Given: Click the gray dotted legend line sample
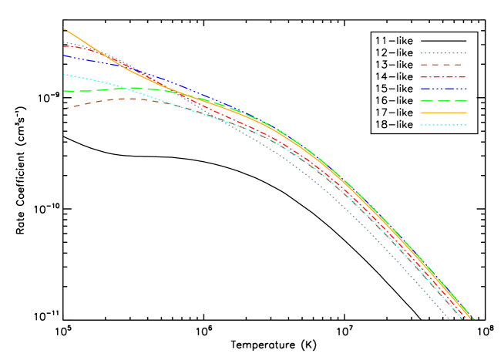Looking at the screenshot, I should coord(443,53).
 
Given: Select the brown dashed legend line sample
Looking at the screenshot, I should coord(443,65).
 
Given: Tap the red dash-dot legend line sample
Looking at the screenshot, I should coord(443,77).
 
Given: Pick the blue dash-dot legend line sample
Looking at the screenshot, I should coord(443,89).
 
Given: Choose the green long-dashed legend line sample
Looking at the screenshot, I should coord(443,101).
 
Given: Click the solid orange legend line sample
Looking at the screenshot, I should coord(443,113).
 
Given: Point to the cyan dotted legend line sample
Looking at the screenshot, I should coord(443,125).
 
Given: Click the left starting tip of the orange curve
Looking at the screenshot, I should coord(64,29).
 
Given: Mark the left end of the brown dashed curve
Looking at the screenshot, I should coord(64,109).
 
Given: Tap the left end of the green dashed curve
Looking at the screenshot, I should coord(64,91).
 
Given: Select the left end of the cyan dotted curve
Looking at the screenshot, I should coord(64,74).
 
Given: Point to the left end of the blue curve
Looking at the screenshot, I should coord(64,55).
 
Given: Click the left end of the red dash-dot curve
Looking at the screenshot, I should coord(64,46).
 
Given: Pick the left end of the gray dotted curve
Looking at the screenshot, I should coord(64,42).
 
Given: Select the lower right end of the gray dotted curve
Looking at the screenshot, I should coord(449,318).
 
